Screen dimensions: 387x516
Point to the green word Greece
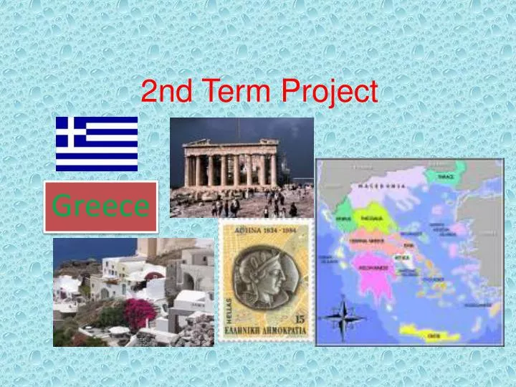tap(101, 206)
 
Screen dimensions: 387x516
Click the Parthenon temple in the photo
tap(229, 163)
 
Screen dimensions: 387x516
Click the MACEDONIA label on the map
tap(386, 186)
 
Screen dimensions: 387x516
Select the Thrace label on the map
tap(445, 176)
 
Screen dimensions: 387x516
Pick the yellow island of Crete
tap(430, 333)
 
